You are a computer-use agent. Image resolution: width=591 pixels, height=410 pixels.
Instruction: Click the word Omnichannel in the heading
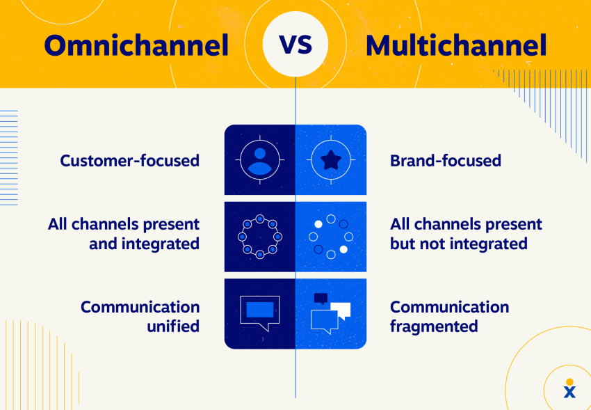pyautogui.click(x=136, y=45)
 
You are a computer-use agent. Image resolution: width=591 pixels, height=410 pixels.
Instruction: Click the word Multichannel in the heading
pyautogui.click(x=455, y=45)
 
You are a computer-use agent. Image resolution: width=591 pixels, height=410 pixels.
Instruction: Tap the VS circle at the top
pyautogui.click(x=295, y=44)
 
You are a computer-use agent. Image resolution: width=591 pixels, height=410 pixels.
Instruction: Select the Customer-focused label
pyautogui.click(x=129, y=161)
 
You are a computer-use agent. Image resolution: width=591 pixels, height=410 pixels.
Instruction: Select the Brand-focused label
pyautogui.click(x=445, y=161)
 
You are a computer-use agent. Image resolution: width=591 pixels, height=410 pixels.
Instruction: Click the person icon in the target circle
pyautogui.click(x=260, y=160)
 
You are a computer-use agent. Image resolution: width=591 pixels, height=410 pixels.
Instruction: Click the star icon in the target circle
pyautogui.click(x=330, y=160)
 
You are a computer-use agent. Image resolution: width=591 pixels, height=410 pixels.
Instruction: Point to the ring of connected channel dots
pyautogui.click(x=260, y=237)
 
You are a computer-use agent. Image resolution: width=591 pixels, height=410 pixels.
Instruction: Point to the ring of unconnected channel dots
pyautogui.click(x=330, y=237)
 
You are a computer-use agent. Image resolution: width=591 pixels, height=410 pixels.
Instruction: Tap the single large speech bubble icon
pyautogui.click(x=259, y=311)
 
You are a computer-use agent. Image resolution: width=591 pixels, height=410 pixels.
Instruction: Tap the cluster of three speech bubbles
pyautogui.click(x=330, y=312)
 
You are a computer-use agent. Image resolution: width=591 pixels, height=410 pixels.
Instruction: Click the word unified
pyautogui.click(x=173, y=326)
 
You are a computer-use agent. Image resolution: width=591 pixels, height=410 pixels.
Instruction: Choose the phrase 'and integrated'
pyautogui.click(x=144, y=244)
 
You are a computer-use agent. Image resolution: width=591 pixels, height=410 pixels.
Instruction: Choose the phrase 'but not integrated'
pyautogui.click(x=458, y=244)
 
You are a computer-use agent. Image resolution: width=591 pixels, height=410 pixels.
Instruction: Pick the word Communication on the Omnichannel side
pyautogui.click(x=140, y=307)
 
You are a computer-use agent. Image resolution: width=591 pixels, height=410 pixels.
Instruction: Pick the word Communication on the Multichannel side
pyautogui.click(x=449, y=307)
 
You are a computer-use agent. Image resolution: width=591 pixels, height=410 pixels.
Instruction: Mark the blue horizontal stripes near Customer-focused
pyautogui.click(x=8, y=157)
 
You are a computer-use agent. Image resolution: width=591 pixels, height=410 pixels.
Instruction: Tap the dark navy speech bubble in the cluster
pyautogui.click(x=321, y=299)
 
